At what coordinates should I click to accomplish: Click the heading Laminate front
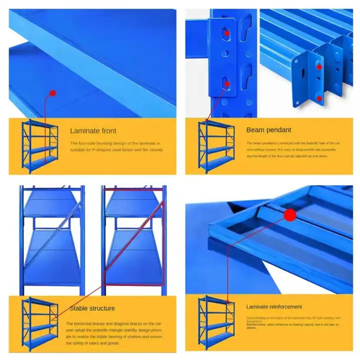pos(93,131)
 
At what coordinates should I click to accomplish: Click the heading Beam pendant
pos(269,130)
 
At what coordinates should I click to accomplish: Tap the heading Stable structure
pos(92,308)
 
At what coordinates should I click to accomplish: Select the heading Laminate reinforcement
pos(274,306)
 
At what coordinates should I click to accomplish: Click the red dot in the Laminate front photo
pos(52,93)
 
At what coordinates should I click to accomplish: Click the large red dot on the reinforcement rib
pos(290,215)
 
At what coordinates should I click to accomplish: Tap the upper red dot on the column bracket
pos(227,33)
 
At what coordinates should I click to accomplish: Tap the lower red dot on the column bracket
pos(227,83)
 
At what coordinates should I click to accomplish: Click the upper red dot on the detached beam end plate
pos(319,67)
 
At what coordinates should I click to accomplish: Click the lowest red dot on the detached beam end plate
pos(319,98)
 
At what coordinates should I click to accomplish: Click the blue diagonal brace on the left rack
pos(54,234)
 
